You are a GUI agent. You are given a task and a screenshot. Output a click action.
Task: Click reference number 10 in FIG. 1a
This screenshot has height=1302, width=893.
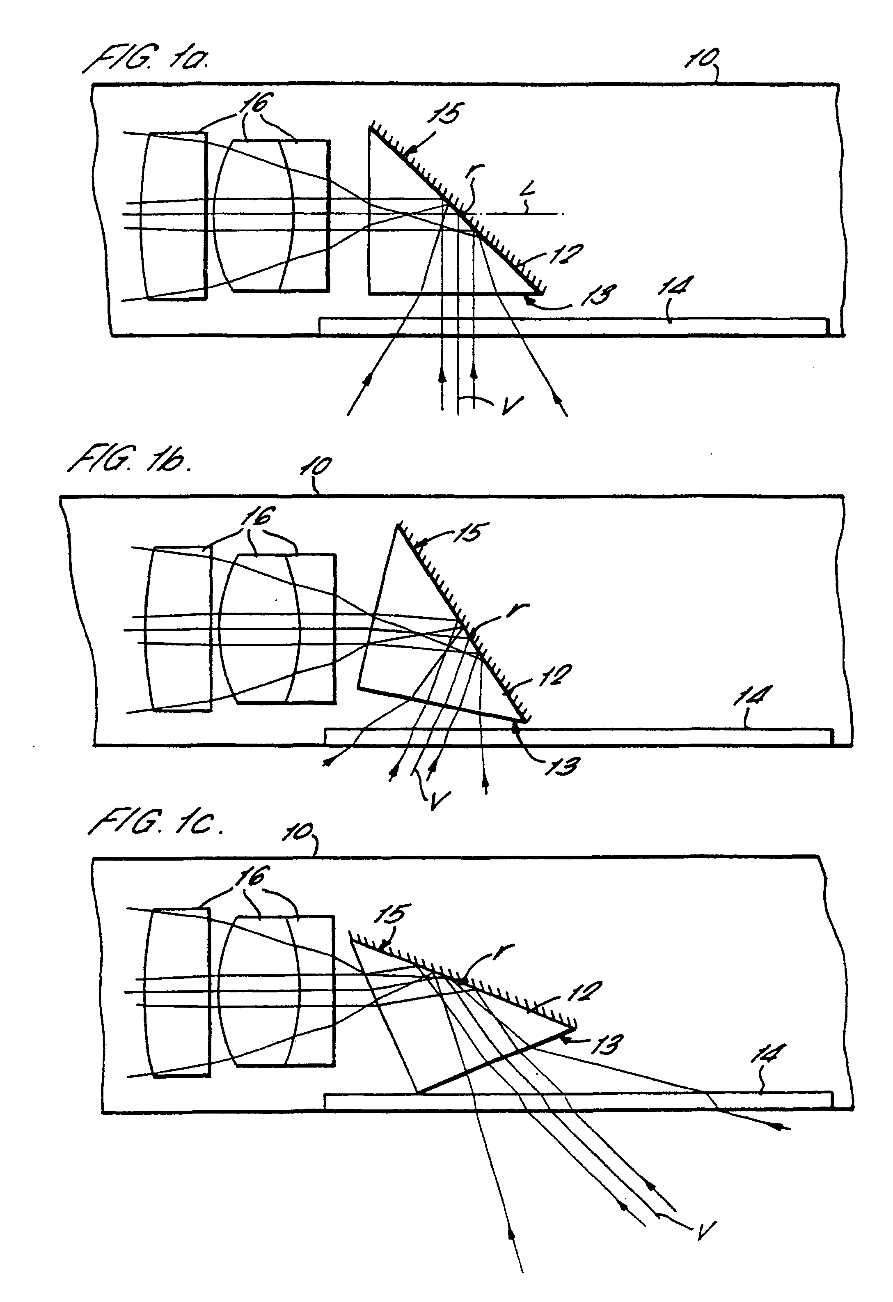tap(700, 58)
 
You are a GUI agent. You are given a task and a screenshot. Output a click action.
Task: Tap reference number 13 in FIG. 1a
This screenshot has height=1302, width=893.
tap(598, 295)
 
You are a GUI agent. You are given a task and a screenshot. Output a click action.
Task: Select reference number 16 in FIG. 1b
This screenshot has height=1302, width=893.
tap(258, 517)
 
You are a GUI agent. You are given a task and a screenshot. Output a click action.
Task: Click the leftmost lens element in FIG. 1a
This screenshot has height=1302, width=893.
tap(174, 216)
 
